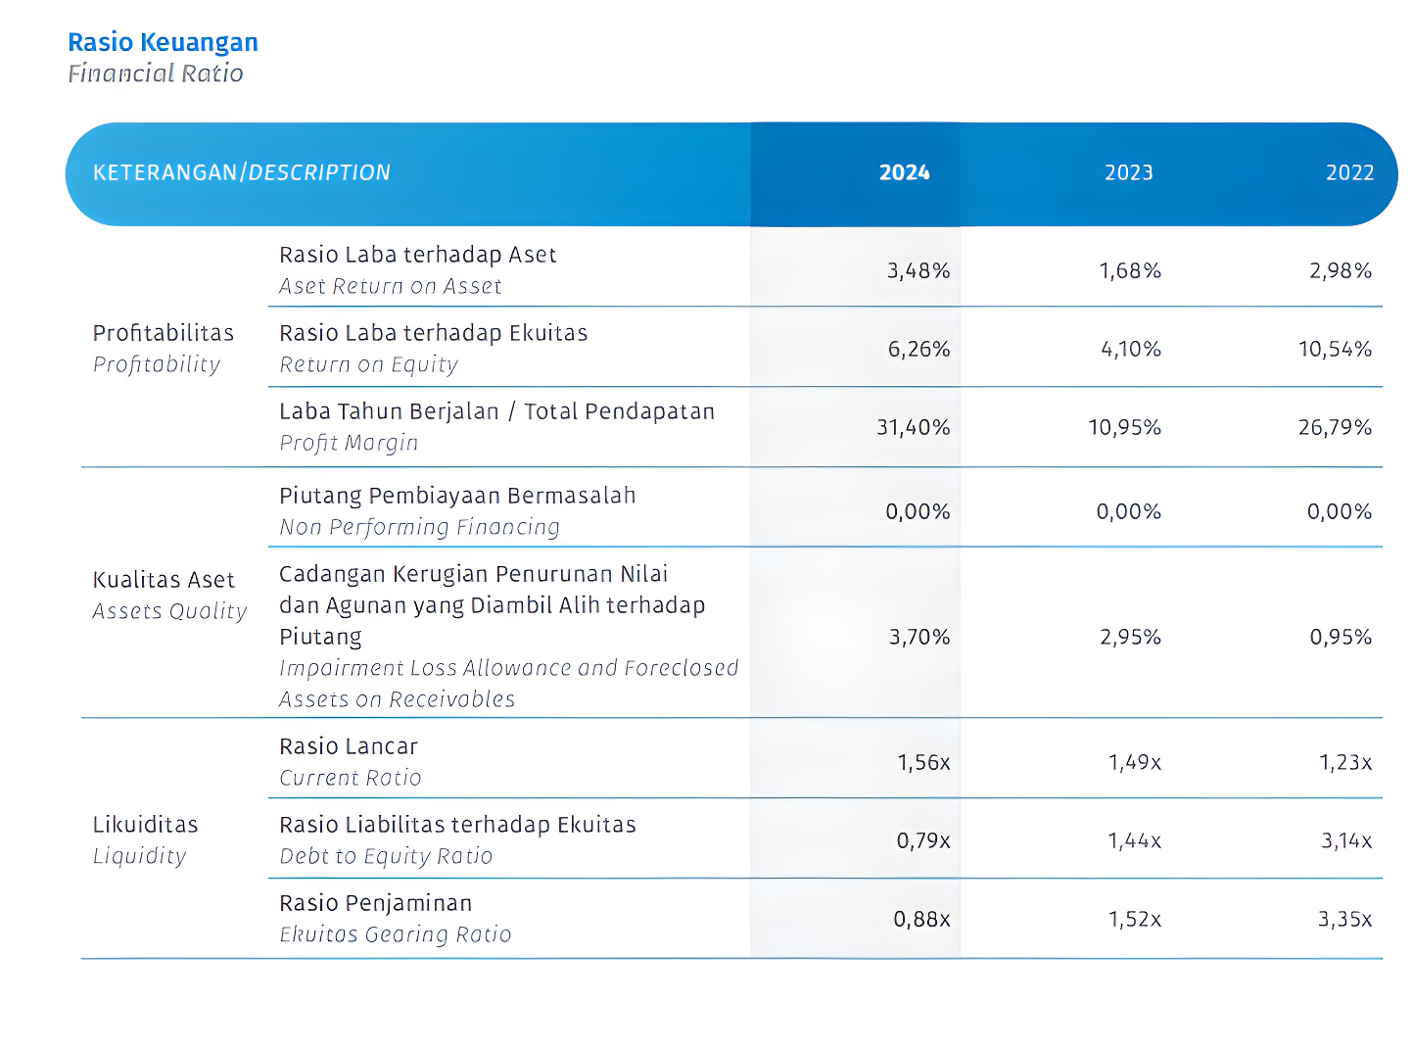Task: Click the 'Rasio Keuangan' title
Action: pos(163,43)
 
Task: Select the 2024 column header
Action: pos(904,172)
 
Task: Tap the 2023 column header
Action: pos(1129,172)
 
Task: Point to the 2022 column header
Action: pos(1349,172)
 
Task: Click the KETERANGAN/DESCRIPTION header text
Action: pos(242,172)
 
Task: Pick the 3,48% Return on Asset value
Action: pos(918,270)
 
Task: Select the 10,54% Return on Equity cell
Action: pos(1335,349)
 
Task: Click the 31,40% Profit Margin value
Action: pos(914,427)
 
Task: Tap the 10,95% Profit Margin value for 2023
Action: pos(1124,427)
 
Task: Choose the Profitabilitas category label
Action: pos(164,333)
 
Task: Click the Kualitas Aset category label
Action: pos(164,580)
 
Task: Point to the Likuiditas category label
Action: pos(146,825)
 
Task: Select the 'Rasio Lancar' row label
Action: pos(349,746)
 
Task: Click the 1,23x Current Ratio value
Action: pos(1345,762)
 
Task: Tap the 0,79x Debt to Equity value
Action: pos(923,840)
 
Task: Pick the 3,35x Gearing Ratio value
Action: pos(1344,919)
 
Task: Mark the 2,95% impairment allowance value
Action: pos(1131,637)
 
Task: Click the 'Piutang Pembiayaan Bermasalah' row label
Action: pos(457,496)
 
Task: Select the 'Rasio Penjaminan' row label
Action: pos(376,903)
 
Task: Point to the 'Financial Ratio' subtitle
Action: pos(156,73)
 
